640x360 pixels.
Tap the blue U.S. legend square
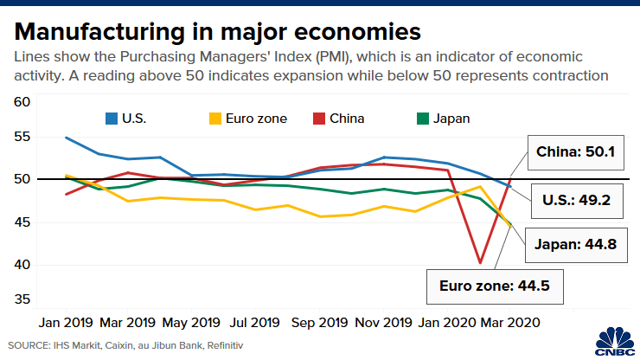click(112, 119)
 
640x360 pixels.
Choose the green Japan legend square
click(422, 119)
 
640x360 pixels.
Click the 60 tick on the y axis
click(22, 102)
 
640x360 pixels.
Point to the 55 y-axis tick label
click(22, 138)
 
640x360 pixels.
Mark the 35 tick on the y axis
click(22, 300)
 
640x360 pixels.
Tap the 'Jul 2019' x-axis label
click(254, 322)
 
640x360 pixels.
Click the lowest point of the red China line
click(479, 262)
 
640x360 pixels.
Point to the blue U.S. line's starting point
click(67, 138)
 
